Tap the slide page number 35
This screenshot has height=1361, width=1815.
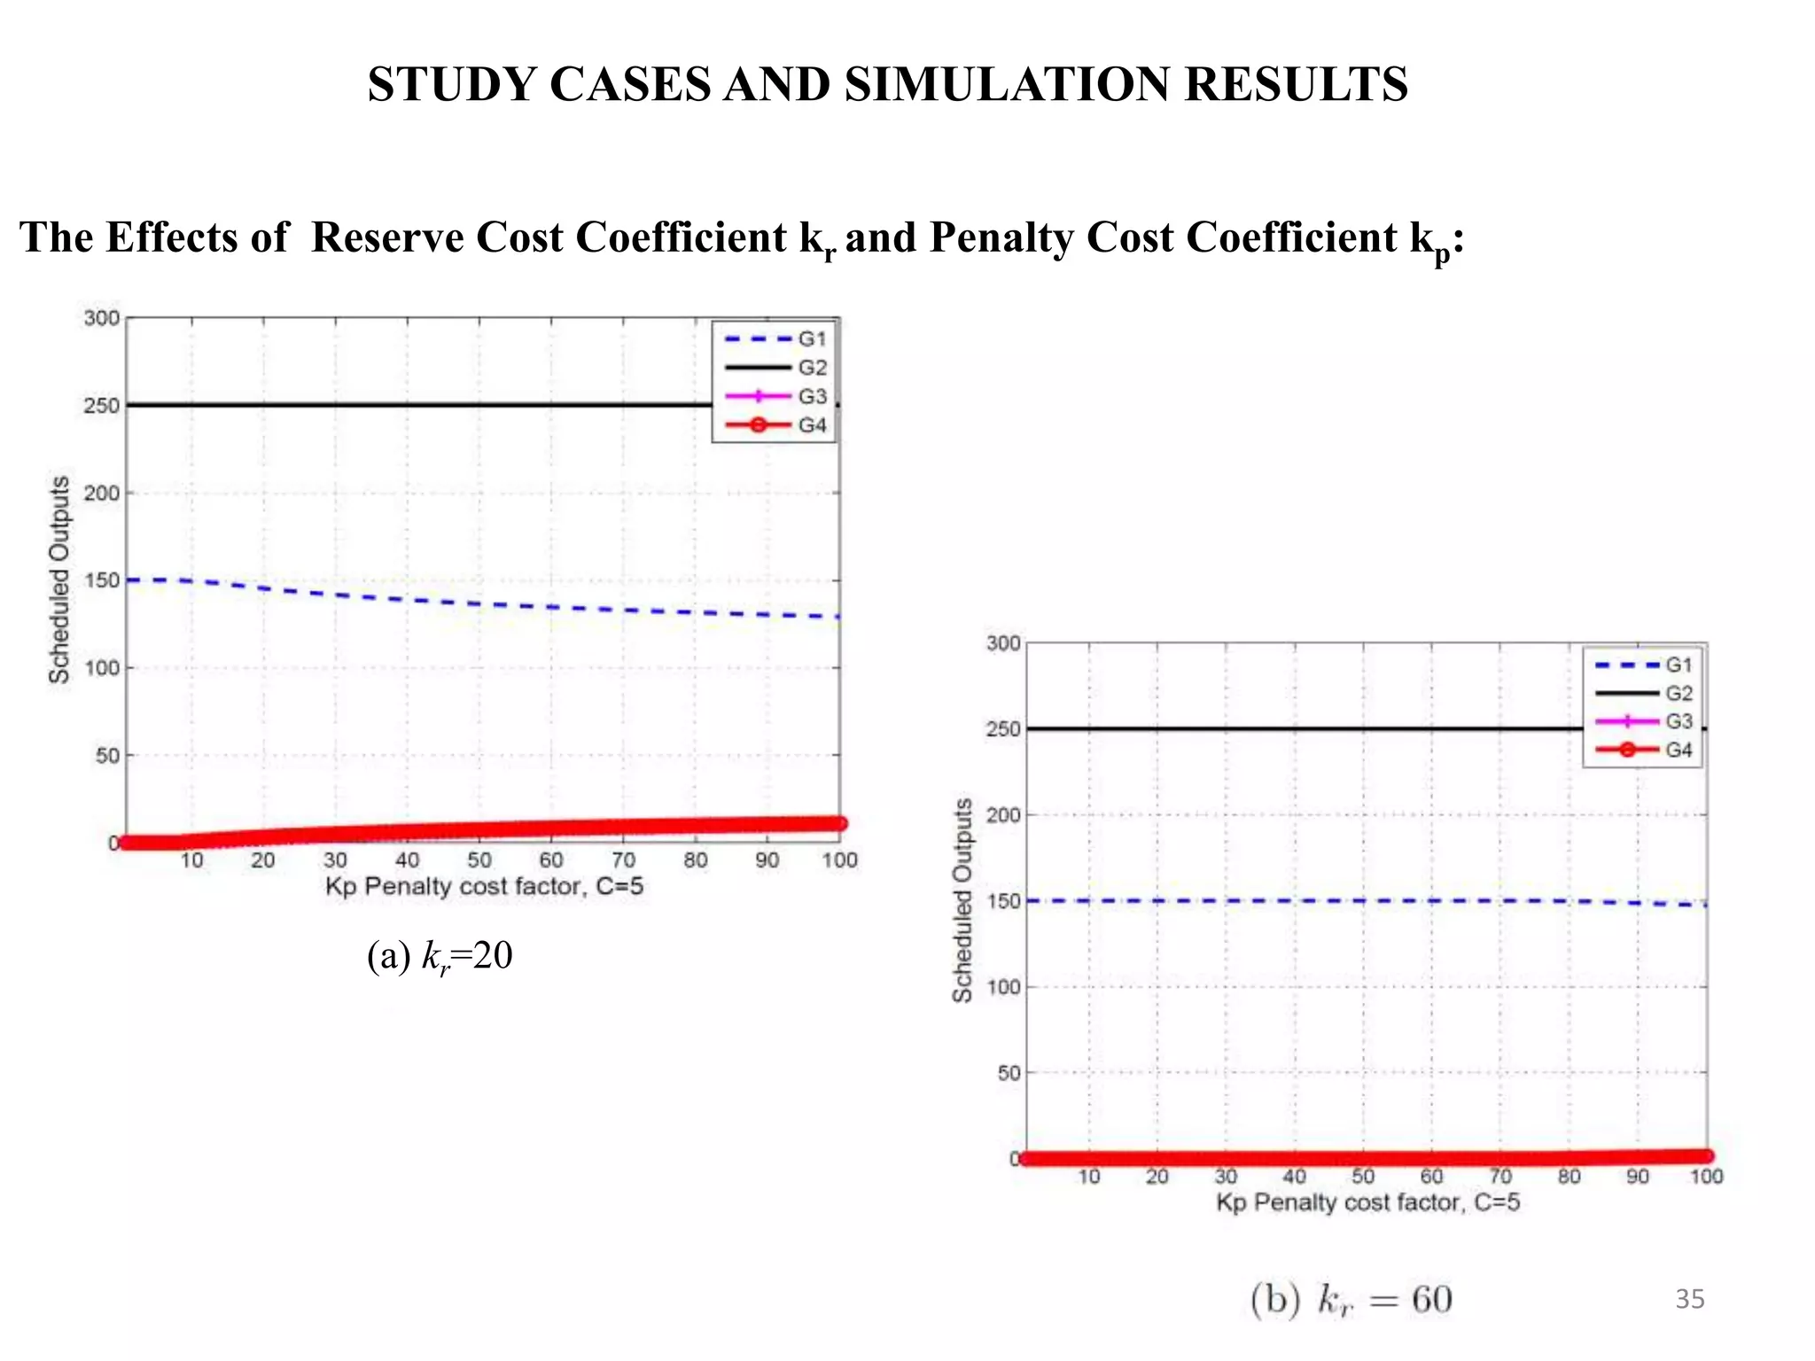[x=1689, y=1299]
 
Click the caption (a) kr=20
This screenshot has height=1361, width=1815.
[x=440, y=957]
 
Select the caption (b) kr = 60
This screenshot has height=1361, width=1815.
[x=1351, y=1300]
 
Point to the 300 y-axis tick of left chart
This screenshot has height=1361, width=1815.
[x=101, y=318]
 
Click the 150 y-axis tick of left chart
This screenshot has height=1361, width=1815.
[x=101, y=580]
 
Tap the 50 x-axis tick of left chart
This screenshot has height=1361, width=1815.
[x=479, y=860]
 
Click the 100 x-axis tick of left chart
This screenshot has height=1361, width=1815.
[x=838, y=860]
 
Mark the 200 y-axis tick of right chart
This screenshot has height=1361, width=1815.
[x=1003, y=814]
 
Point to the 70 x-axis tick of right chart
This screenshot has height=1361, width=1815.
[x=1500, y=1177]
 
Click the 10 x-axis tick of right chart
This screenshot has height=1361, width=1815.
[x=1089, y=1177]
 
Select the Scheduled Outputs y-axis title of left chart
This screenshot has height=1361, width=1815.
[x=58, y=579]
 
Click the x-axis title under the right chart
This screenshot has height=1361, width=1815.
[x=1367, y=1202]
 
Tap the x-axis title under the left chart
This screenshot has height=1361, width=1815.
[x=484, y=886]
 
